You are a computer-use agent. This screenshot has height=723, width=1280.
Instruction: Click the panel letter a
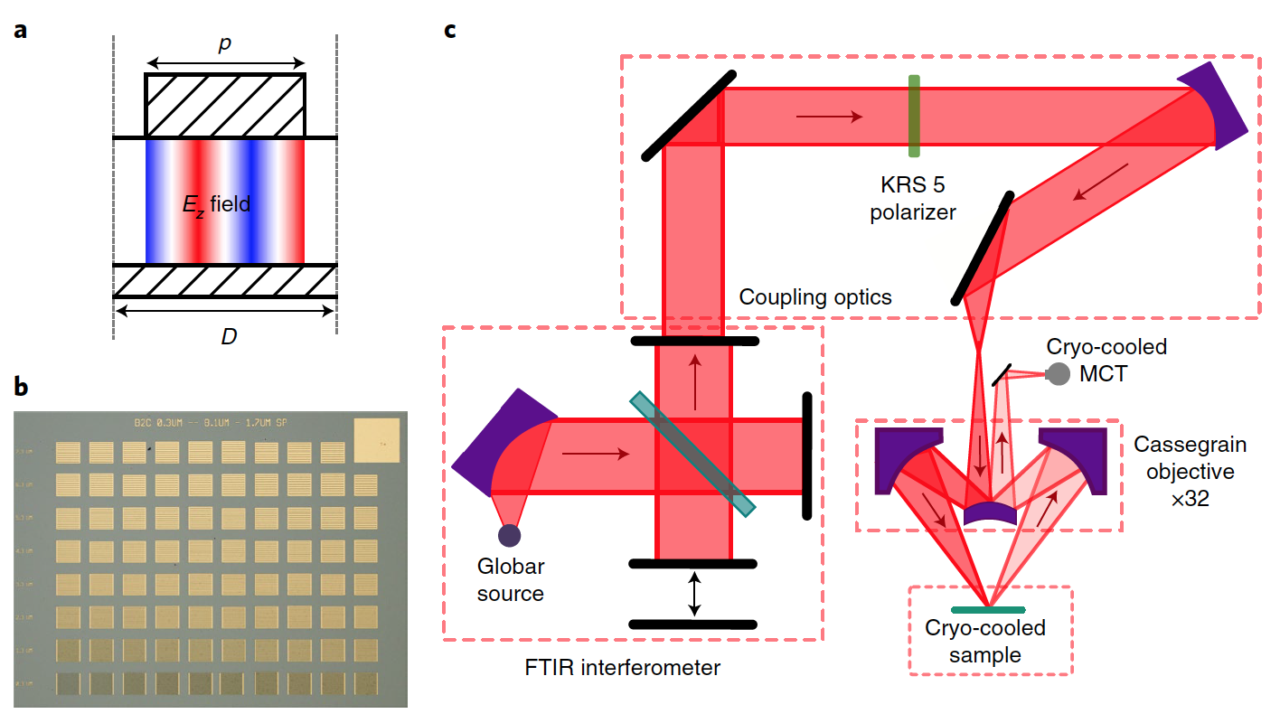tap(20, 31)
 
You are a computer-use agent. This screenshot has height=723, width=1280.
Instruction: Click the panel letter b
tap(20, 388)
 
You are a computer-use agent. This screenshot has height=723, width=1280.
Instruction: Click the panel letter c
tap(450, 31)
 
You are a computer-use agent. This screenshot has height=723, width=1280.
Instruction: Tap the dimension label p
tap(225, 44)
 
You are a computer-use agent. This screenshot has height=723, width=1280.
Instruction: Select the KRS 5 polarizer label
tap(914, 200)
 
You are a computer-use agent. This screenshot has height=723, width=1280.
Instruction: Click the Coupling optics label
tap(815, 297)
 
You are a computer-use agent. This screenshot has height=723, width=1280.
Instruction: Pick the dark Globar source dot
tap(509, 535)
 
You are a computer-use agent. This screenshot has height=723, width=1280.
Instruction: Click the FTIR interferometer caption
tap(623, 669)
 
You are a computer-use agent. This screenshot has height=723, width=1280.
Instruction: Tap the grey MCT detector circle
tap(1055, 374)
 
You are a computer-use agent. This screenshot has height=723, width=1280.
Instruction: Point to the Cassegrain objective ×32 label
tap(1190, 472)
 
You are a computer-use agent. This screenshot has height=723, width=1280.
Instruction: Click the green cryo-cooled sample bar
tap(989, 609)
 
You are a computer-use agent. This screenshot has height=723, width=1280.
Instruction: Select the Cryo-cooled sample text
tap(985, 642)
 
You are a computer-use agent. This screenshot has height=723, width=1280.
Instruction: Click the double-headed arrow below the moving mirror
tap(693, 593)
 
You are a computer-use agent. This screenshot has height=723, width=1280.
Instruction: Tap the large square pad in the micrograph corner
tap(375, 437)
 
